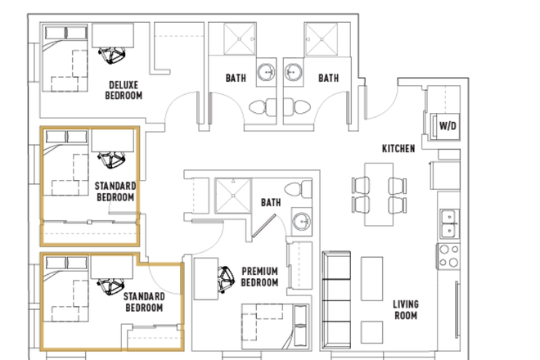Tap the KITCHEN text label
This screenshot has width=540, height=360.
point(398,148)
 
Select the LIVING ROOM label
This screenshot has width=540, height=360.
point(405,309)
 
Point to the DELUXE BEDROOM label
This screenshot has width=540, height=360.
point(124,90)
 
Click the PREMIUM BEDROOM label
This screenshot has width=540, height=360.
point(259,277)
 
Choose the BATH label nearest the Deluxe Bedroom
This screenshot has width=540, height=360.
point(236,79)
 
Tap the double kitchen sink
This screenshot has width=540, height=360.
point(448,219)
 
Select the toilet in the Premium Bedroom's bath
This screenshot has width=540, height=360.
point(301,190)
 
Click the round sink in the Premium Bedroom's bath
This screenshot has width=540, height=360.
point(300,221)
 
